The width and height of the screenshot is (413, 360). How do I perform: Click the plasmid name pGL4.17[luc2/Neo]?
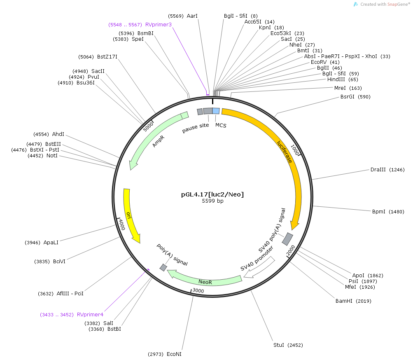click(x=212, y=194)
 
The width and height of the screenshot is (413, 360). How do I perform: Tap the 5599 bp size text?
click(x=212, y=201)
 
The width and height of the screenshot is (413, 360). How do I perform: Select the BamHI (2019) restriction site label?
click(x=353, y=301)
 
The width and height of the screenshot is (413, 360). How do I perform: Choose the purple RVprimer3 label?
click(x=140, y=25)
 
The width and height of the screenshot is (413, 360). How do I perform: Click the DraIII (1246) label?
click(x=387, y=170)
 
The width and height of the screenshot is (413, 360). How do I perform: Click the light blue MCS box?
click(x=216, y=111)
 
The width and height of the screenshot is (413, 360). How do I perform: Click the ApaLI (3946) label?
click(x=41, y=243)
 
